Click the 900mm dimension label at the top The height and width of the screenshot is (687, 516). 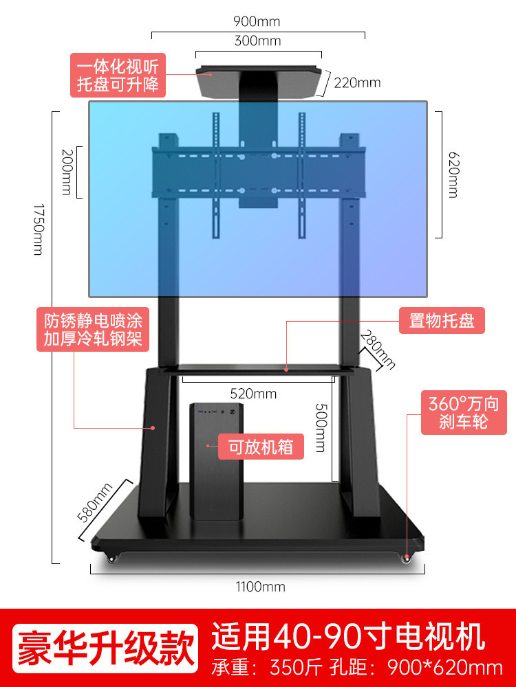click(x=257, y=21)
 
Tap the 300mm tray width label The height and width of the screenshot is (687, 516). click(x=258, y=41)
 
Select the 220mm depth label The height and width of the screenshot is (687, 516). click(x=357, y=83)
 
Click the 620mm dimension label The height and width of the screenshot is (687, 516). click(x=452, y=174)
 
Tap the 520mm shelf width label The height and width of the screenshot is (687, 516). click(x=253, y=394)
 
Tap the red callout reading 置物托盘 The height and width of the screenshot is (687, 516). click(x=442, y=321)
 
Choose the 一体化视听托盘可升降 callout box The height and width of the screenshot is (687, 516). click(x=118, y=76)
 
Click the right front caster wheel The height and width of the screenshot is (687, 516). click(x=407, y=559)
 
